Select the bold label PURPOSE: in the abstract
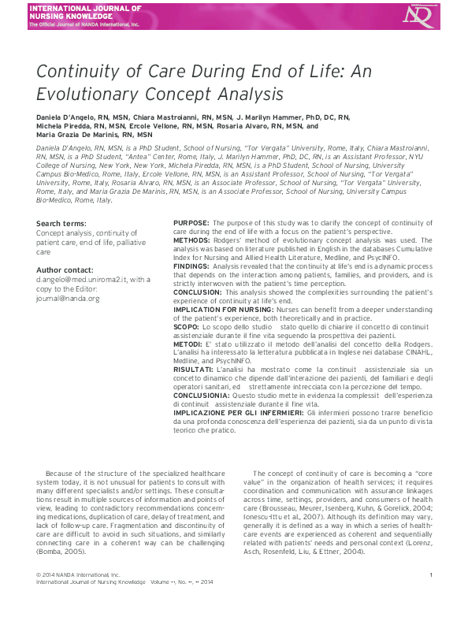tap(191, 224)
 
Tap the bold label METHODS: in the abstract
tap(191, 240)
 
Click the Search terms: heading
tap(60, 224)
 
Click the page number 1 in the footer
tap(432, 597)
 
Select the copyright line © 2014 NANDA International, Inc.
tap(77, 597)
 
